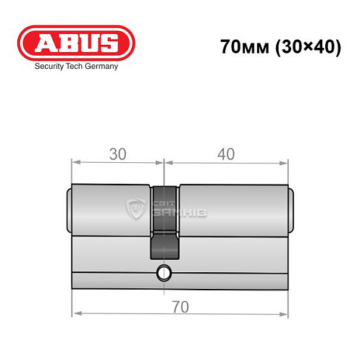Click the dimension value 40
227,155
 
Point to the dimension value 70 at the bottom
180,306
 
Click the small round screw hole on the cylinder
164,273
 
